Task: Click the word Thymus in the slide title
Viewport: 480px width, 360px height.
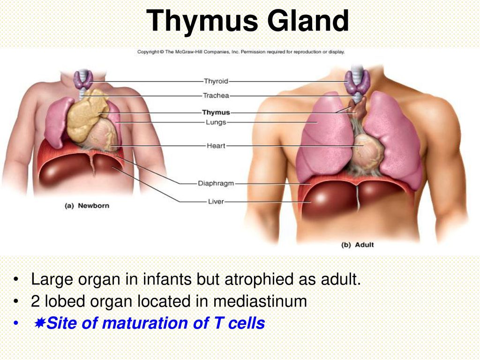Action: pyautogui.click(x=202, y=21)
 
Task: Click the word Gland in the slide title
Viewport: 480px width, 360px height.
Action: pyautogui.click(x=308, y=20)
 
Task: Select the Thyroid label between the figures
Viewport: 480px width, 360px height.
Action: pyautogui.click(x=216, y=81)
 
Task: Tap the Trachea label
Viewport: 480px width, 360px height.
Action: pyautogui.click(x=216, y=96)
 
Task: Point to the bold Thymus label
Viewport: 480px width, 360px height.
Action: pyautogui.click(x=216, y=112)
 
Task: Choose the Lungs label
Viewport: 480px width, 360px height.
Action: pyautogui.click(x=216, y=122)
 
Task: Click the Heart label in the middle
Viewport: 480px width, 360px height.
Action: pyautogui.click(x=216, y=146)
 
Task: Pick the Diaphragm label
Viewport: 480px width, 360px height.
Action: pyautogui.click(x=216, y=183)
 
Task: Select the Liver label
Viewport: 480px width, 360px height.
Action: pyautogui.click(x=216, y=202)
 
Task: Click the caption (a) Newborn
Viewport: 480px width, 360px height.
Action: pyautogui.click(x=87, y=206)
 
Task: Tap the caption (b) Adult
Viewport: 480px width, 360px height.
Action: pyautogui.click(x=358, y=245)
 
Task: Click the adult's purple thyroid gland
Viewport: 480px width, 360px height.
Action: pyautogui.click(x=357, y=82)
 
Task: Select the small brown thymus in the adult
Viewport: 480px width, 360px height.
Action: pyautogui.click(x=359, y=108)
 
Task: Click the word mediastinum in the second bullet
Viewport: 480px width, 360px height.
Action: pyautogui.click(x=260, y=301)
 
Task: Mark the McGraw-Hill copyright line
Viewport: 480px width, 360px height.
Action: pyautogui.click(x=241, y=52)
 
